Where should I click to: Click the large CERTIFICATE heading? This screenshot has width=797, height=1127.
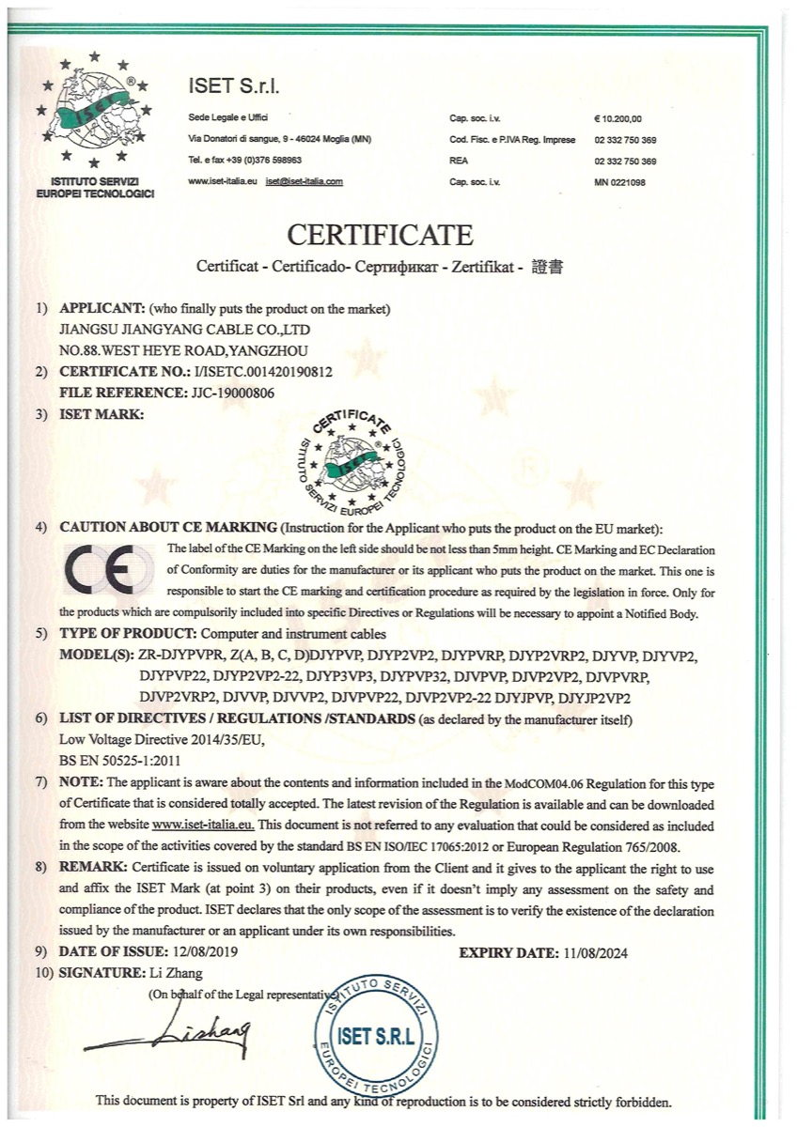point(380,233)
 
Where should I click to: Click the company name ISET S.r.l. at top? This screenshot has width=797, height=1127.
point(233,87)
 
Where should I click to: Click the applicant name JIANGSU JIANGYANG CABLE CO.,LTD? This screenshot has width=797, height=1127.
point(184,331)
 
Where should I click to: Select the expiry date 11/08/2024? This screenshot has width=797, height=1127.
point(596,952)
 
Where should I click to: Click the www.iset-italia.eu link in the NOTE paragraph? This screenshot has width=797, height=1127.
point(203,824)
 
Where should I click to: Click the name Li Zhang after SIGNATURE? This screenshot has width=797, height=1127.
point(177,972)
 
